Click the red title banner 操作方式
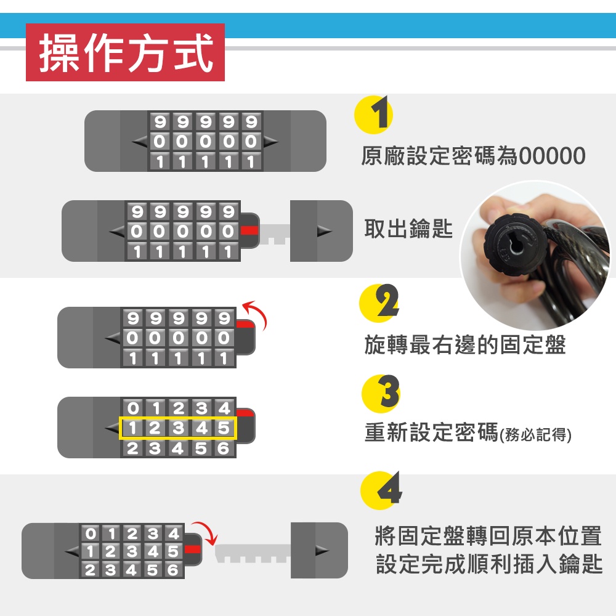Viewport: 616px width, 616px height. pos(125,52)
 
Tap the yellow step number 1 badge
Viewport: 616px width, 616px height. pos(373,115)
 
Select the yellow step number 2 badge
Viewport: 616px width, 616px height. pos(379,303)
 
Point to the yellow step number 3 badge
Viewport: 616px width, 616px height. pos(381,394)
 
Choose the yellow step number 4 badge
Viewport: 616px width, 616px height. pos(381,490)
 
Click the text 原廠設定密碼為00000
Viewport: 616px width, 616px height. pos(473,156)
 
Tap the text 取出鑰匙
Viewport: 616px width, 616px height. pos(408,229)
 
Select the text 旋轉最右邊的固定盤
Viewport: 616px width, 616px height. pos(465,344)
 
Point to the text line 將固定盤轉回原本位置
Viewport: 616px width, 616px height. pos(488,536)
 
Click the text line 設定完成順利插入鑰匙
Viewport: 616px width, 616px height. pos(489,564)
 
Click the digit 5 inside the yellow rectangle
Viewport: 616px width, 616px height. pos(224,428)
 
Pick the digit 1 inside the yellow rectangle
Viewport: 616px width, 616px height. pos(132,428)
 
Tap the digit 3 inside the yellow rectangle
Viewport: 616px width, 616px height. pos(179,428)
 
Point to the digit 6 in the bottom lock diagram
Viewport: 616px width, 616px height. pos(173,569)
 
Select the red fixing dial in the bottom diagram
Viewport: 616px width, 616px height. pos(192,549)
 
